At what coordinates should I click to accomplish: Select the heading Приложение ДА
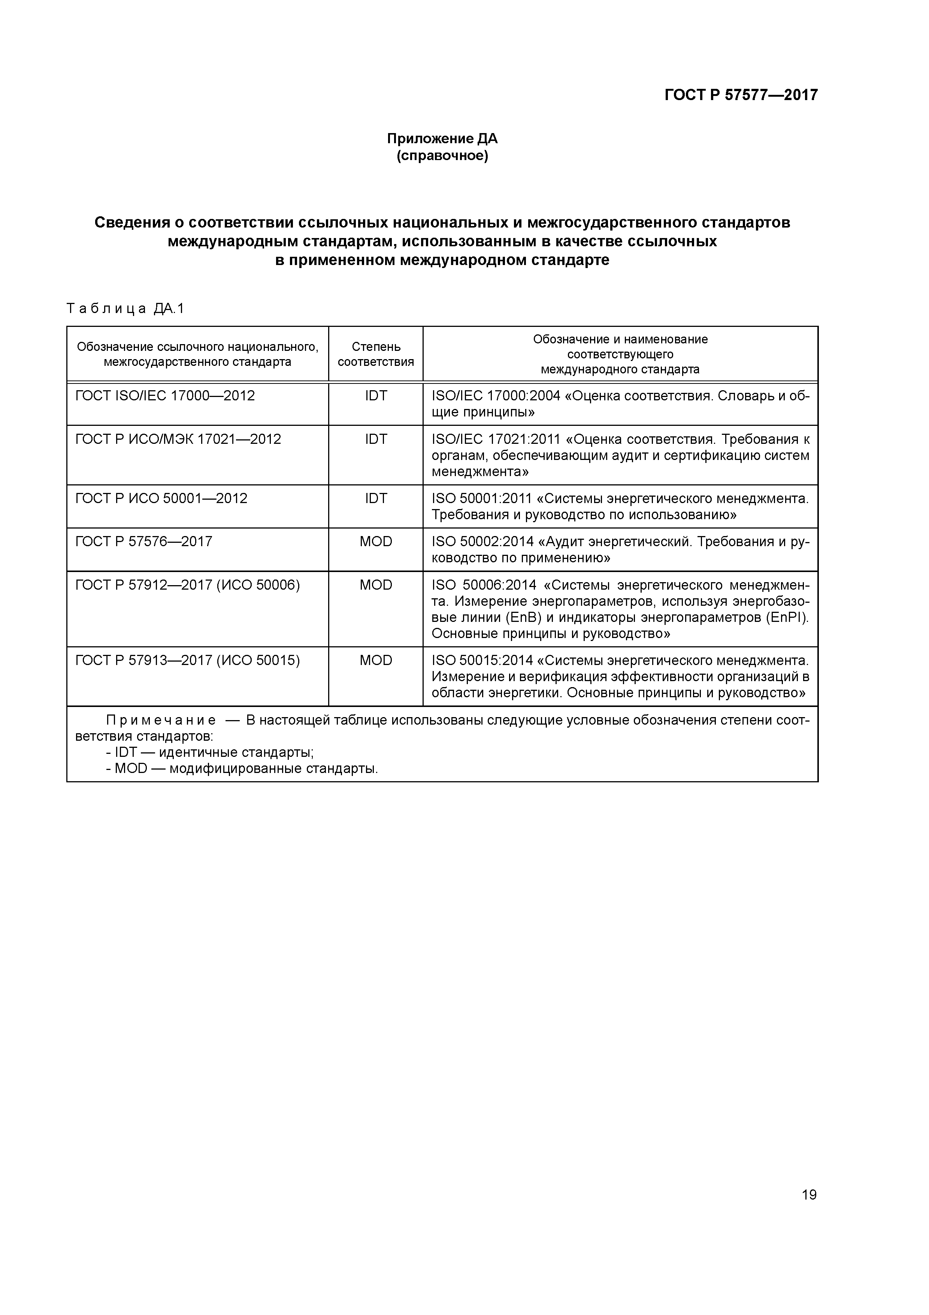point(442,139)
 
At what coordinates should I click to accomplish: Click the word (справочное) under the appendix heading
point(442,156)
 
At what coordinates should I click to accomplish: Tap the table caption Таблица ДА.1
point(125,309)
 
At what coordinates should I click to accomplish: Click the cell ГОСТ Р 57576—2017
point(144,542)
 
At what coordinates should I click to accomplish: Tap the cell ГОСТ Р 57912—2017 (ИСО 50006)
point(187,585)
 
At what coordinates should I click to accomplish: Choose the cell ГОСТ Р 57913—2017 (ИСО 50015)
point(187,661)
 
